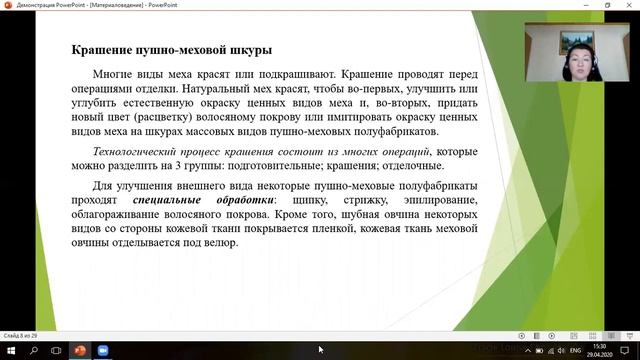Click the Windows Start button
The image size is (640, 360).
point(10,350)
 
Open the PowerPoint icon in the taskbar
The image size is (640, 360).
point(80,350)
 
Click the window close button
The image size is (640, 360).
point(629,5)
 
